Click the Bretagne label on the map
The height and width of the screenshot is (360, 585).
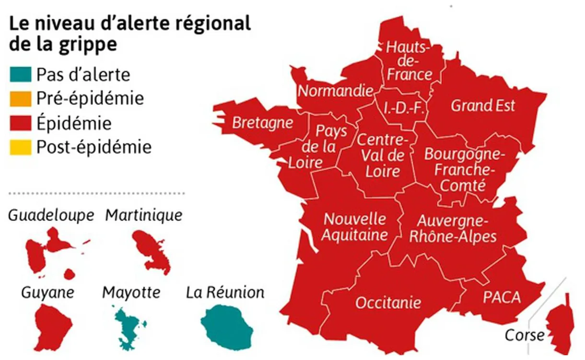pyautogui.click(x=262, y=123)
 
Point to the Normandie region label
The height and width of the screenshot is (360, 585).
pyautogui.click(x=335, y=91)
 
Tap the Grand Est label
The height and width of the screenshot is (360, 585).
pyautogui.click(x=482, y=105)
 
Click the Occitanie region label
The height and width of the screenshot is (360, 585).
pyautogui.click(x=388, y=302)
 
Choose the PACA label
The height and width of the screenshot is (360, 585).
pyautogui.click(x=502, y=297)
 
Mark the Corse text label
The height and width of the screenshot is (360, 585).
pyautogui.click(x=525, y=335)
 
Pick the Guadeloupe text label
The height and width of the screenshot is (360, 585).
pyautogui.click(x=51, y=216)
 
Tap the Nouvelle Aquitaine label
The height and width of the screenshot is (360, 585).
pyautogui.click(x=355, y=227)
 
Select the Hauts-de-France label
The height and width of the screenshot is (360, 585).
pyautogui.click(x=409, y=61)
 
